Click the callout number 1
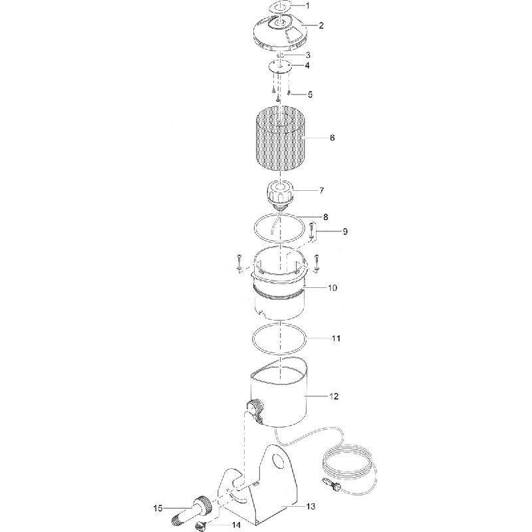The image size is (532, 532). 308,6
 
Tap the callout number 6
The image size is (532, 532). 332,138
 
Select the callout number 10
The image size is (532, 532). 332,288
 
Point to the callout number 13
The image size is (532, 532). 311,507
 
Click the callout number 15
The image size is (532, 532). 158,508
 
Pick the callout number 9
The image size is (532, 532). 345,231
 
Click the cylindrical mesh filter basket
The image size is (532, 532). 279,138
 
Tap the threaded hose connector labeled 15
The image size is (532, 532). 192,511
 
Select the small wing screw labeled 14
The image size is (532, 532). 201,526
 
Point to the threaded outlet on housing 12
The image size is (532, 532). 255,409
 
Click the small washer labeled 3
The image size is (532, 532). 280,55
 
